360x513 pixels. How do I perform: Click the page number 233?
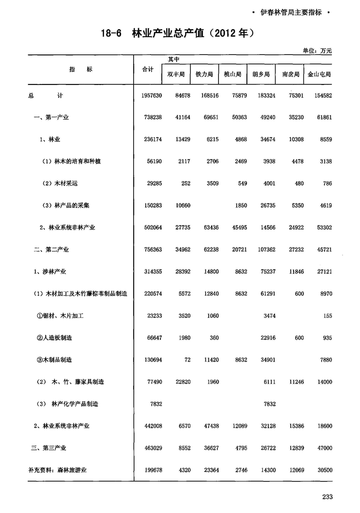click(x=327, y=497)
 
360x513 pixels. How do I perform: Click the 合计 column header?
click(x=147, y=70)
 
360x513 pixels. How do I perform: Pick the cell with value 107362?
click(x=265, y=249)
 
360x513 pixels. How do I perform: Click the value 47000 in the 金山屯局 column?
click(x=322, y=448)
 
